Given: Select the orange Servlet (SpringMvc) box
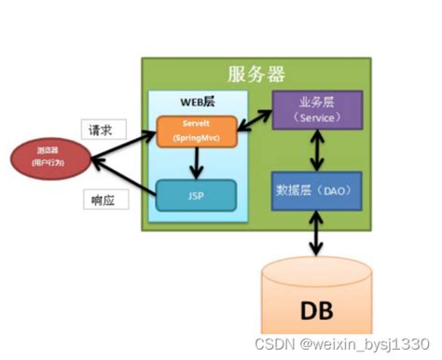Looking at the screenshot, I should (x=196, y=132).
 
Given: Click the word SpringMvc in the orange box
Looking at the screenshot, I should (x=196, y=138).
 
